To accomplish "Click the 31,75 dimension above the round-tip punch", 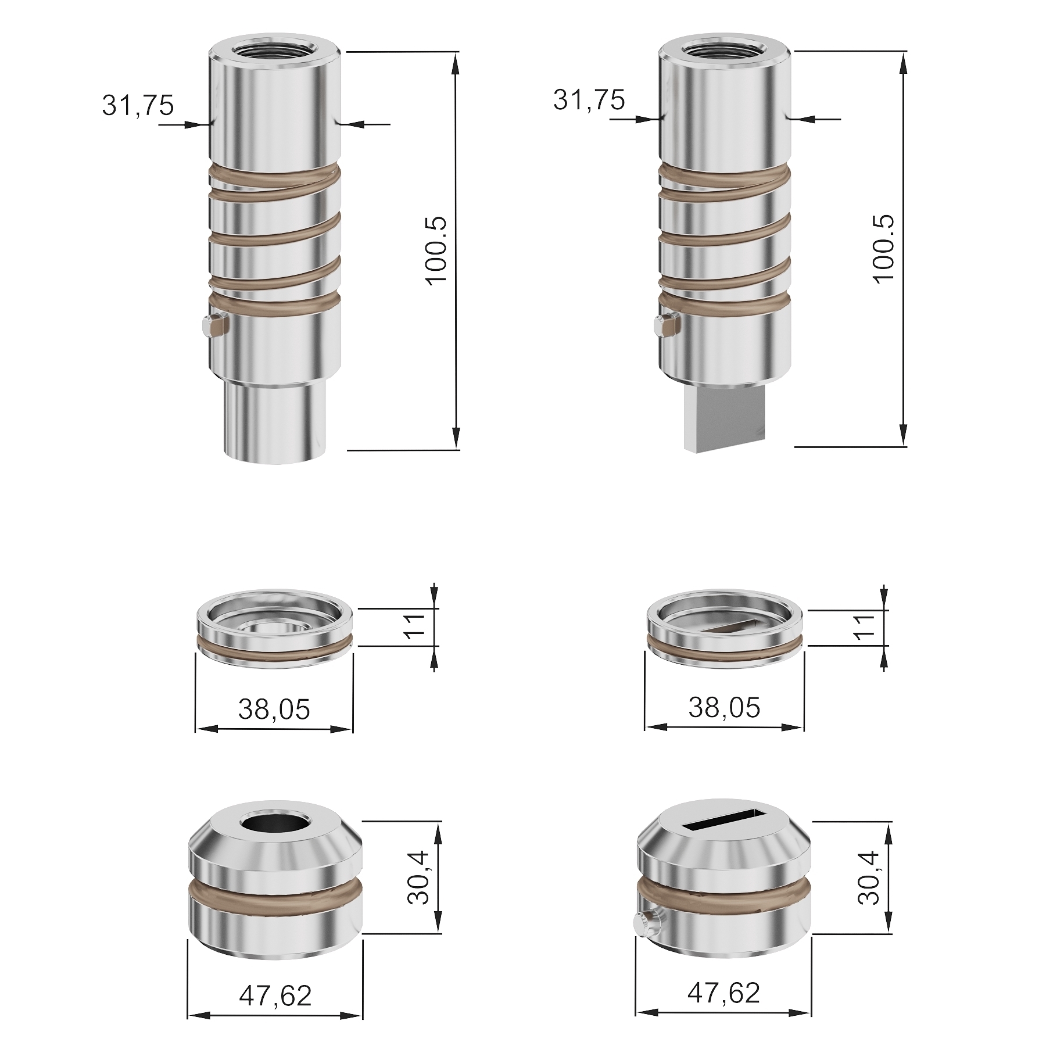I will (138, 106).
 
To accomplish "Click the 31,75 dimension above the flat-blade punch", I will (589, 100).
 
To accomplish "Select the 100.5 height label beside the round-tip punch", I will (436, 250).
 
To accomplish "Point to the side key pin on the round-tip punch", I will (213, 327).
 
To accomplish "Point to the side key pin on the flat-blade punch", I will (665, 327).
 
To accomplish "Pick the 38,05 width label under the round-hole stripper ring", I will (274, 710).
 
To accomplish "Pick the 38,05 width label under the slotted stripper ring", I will (724, 708).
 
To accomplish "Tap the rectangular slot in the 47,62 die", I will (723, 820).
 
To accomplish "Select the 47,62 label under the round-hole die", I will (275, 996).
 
